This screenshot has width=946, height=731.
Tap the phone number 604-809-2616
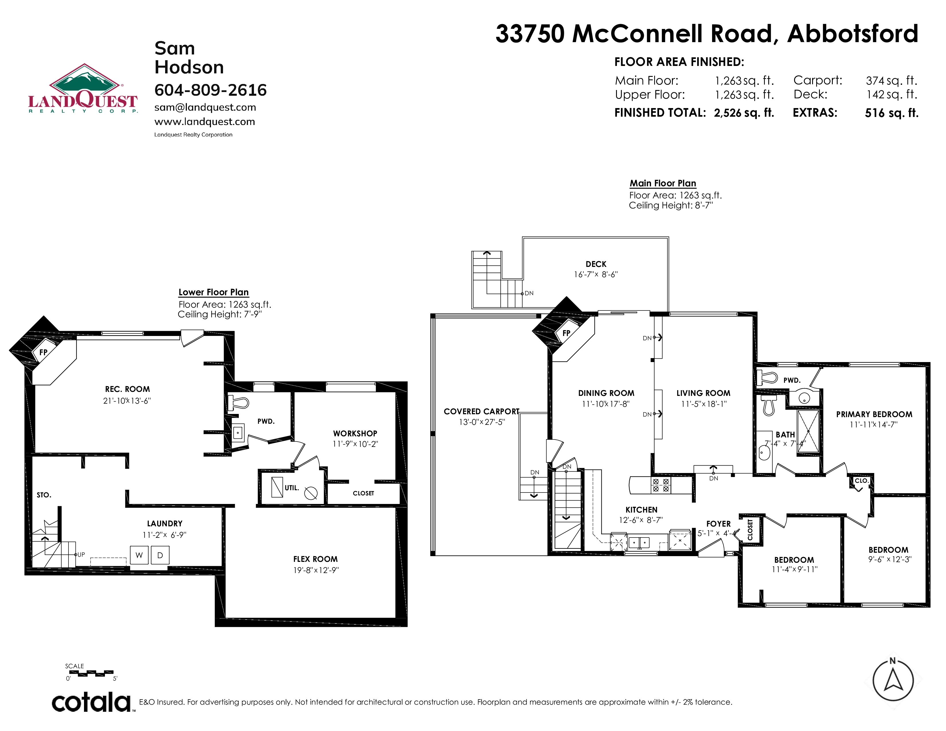210,90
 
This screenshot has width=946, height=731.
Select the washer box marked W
139,555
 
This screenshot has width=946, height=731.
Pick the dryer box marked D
160,555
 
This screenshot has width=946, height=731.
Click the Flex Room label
315,559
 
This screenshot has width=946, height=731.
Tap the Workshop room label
355,433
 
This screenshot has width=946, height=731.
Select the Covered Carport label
482,411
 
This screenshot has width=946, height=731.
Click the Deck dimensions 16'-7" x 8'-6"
596,275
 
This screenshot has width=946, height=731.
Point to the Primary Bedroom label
874,415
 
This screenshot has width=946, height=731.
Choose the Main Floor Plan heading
663,183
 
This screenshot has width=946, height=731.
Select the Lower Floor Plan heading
214,292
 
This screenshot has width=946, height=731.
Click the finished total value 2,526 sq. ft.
744,113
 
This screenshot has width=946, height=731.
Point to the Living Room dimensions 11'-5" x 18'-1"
704,404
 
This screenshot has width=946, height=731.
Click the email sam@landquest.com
205,107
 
